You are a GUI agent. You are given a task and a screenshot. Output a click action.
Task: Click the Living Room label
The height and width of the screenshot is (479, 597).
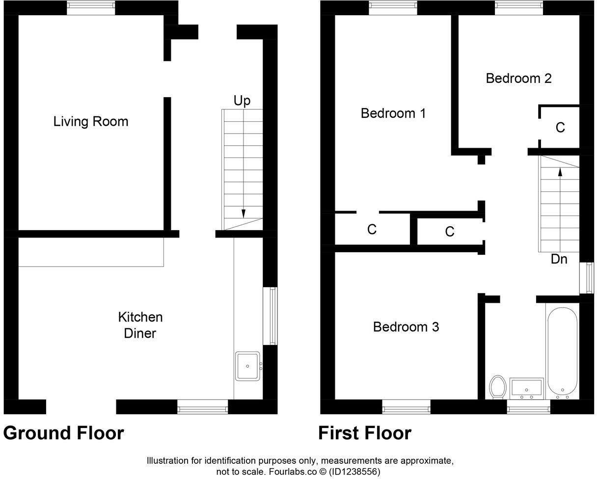[91, 122]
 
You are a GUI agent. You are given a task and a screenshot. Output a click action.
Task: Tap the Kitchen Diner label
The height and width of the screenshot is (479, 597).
[140, 325]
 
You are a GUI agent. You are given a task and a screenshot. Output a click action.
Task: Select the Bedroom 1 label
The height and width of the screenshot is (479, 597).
[393, 113]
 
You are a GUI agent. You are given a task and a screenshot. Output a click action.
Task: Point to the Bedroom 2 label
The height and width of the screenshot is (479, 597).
[518, 79]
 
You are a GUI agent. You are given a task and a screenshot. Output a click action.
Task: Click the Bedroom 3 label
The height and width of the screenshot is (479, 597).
[406, 327]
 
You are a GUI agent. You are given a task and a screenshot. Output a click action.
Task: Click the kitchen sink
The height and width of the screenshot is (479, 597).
[248, 366]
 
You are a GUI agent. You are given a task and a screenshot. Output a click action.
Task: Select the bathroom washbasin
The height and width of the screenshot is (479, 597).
[526, 388]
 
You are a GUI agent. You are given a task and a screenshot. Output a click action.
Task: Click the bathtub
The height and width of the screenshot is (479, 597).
[562, 351]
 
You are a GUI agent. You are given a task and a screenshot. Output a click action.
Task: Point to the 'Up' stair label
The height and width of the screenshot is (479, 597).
[242, 101]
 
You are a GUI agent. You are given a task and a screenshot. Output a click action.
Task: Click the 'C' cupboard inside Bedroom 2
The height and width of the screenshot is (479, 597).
[560, 128]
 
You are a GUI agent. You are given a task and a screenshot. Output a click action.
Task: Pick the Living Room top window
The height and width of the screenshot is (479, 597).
[91, 8]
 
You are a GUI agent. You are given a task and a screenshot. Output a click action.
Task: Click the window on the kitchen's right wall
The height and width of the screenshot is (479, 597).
[271, 316]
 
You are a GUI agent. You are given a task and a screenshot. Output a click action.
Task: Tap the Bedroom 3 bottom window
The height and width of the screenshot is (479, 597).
[406, 407]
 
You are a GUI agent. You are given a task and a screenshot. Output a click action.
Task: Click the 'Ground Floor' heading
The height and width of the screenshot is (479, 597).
[63, 433]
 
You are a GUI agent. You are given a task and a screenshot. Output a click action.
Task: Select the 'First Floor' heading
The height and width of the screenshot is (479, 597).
[364, 433]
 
